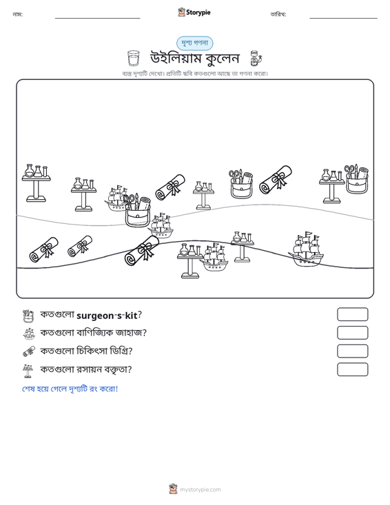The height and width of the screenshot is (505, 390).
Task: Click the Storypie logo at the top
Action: [194, 12]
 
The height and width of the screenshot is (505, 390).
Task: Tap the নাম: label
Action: [17, 14]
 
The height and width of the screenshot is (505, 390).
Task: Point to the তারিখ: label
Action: [278, 14]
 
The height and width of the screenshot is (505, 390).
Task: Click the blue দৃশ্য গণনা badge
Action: [194, 43]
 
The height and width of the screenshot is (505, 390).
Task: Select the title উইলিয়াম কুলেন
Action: [195, 59]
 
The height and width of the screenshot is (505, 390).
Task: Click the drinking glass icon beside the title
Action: [133, 58]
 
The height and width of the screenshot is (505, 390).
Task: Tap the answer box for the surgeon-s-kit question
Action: [352, 314]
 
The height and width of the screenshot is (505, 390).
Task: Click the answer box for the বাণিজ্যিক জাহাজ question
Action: [352, 333]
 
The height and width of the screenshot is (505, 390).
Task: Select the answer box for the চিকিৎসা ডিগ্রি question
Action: [352, 351]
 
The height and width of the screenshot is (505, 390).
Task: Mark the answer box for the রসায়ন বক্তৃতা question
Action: [352, 369]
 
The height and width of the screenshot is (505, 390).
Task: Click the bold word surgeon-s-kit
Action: [107, 316]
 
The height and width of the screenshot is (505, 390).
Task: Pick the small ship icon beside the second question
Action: [29, 333]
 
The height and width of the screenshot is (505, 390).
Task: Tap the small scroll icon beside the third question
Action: [29, 351]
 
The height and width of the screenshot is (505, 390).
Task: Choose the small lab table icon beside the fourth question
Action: [28, 371]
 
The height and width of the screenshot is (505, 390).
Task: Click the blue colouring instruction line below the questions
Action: [70, 389]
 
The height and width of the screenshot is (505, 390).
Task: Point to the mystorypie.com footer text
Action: [200, 490]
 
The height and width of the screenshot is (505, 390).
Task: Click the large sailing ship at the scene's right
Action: [306, 249]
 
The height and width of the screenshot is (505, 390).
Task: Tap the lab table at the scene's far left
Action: [36, 183]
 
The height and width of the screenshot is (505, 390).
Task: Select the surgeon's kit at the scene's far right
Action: [356, 179]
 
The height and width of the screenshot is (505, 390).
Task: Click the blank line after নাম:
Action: [98, 18]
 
